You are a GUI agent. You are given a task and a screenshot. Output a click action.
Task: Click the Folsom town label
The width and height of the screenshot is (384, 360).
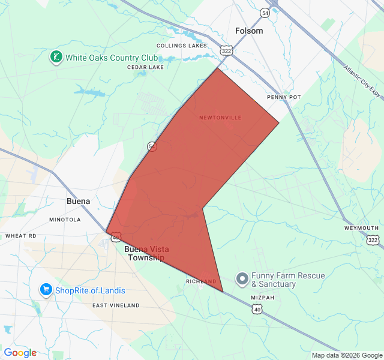249,31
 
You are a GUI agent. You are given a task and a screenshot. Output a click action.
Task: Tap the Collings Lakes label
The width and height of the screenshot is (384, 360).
181,46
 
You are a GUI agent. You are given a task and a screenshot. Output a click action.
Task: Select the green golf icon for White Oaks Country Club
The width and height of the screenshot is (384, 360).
56,58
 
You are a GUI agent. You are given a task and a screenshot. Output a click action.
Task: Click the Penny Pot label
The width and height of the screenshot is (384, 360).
284,97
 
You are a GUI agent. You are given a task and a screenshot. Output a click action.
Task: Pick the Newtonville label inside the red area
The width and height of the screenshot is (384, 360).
220,118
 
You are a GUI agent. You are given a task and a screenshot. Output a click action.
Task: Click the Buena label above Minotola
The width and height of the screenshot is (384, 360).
78,202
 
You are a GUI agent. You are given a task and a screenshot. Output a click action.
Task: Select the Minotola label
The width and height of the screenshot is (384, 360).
65,220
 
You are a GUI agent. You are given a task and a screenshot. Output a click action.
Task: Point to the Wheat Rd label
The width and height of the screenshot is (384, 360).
21,236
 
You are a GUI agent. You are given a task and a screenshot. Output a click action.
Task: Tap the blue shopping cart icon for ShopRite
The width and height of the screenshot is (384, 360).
46,290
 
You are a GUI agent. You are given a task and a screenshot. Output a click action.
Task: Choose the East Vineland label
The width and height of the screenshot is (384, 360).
116,305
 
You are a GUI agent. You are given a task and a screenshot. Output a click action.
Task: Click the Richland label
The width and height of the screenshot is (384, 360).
201,281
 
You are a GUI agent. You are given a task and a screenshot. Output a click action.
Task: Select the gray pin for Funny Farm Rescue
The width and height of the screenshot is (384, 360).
242,279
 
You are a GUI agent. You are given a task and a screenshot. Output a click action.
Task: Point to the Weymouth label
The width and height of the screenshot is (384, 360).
361,228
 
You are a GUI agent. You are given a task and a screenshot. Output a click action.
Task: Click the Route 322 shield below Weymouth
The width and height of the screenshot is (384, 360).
373,240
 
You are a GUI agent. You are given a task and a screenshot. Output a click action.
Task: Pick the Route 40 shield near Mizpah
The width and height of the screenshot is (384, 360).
257,310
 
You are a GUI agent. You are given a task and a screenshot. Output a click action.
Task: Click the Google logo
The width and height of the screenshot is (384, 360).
20,353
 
